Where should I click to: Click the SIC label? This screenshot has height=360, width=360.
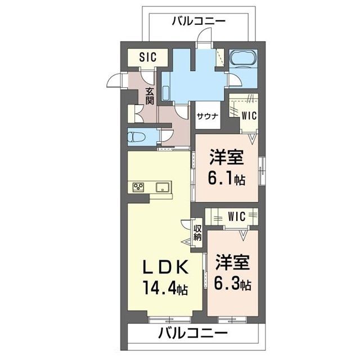147,57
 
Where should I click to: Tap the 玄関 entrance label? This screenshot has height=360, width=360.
150,96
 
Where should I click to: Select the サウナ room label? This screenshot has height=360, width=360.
208,116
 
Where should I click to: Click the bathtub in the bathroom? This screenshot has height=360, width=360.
243,58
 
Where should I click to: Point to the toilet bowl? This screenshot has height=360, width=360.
137,137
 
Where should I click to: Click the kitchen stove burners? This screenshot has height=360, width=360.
138,186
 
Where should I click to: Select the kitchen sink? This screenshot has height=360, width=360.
164,187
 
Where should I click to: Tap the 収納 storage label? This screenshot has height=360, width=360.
197,232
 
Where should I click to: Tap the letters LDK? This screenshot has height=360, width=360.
165,267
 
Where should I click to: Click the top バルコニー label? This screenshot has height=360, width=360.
199,21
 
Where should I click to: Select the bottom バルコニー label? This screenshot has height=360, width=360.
193,333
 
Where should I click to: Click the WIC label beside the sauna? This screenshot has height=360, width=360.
249,115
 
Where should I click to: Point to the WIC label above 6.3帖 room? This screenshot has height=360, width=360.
237,216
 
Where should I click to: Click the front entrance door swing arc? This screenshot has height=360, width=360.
112,80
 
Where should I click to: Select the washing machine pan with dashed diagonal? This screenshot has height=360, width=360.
220,58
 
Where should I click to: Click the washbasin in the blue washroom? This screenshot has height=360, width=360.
165,93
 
